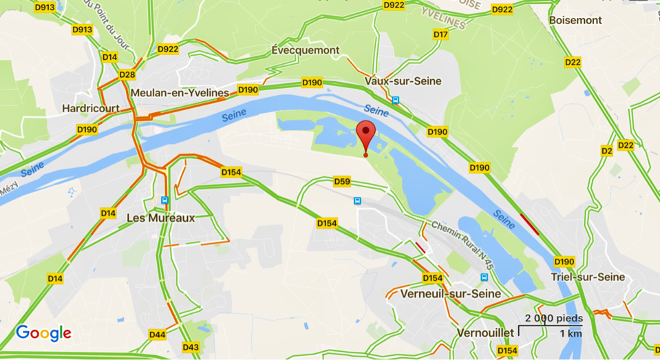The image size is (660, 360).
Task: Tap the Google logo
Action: pos(43,333)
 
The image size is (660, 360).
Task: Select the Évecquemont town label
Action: pos(305,50)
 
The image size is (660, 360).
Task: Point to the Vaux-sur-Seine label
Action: pos(403,81)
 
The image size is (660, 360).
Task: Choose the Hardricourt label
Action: pos(91,108)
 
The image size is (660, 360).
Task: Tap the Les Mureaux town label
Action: pos(161,218)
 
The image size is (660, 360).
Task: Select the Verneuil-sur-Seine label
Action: pos(451,293)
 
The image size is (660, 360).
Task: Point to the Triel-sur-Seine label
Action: pos(588,277)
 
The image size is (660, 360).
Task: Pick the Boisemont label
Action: pos(575,21)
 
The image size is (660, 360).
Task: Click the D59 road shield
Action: pos(342,182)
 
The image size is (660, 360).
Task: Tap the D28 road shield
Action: pos(127,75)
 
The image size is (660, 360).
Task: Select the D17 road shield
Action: pos(440,34)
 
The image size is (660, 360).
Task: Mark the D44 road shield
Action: pos(157,335)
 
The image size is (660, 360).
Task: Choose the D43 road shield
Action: pos(191,347)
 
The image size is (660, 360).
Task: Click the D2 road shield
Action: pos(606,151)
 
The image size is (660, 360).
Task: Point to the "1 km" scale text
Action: pos(571,333)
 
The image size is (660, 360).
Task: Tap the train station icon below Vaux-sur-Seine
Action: pos(396,100)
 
